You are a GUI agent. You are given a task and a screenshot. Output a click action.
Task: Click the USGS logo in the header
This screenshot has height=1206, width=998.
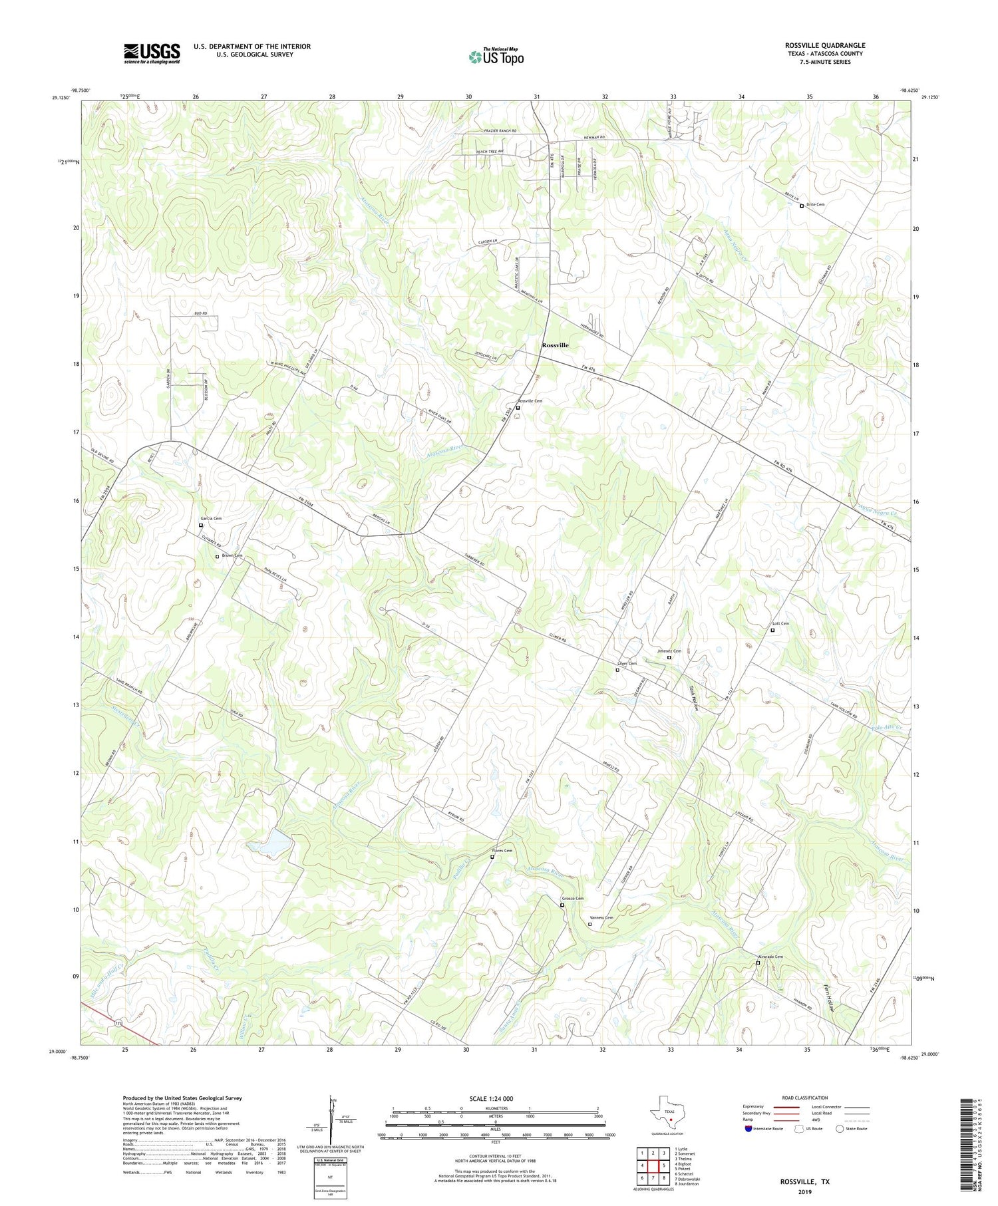(x=152, y=53)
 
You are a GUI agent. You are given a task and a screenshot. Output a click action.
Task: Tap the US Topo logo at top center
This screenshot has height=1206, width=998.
(x=496, y=57)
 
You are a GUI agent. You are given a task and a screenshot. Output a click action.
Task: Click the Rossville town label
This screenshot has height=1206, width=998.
(x=555, y=345)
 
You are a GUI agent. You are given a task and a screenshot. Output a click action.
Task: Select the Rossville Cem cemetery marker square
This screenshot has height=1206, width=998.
(x=518, y=408)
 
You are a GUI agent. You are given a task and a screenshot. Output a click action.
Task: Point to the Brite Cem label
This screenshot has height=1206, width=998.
(x=816, y=205)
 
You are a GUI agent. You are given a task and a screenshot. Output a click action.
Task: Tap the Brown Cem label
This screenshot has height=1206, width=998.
(x=232, y=555)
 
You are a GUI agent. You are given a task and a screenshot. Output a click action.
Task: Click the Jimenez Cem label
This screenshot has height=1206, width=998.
(x=669, y=651)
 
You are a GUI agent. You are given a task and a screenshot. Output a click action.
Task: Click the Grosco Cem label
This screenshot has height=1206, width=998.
(x=573, y=899)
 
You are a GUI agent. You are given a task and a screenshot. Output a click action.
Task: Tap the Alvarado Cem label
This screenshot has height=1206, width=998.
(x=769, y=957)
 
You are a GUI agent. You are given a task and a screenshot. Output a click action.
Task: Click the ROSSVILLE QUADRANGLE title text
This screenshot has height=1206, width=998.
(x=824, y=45)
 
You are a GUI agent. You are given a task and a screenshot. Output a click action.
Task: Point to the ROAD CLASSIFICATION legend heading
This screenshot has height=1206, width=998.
(x=805, y=1098)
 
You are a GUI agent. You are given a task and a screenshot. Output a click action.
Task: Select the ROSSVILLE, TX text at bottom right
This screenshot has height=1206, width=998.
(x=805, y=1182)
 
